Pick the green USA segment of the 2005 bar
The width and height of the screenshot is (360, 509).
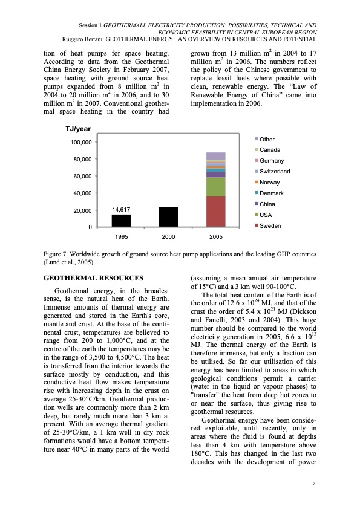pyautogui.click(x=216, y=187)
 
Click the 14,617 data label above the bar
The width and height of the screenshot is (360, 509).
pyautogui.click(x=121, y=209)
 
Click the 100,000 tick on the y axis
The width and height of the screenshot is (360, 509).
pyautogui.click(x=78, y=142)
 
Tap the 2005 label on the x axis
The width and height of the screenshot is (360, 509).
pyautogui.click(x=216, y=236)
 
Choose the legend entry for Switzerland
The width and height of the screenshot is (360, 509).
pyautogui.click(x=274, y=172)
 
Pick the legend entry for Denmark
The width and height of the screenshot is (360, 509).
pyautogui.click(x=270, y=193)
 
